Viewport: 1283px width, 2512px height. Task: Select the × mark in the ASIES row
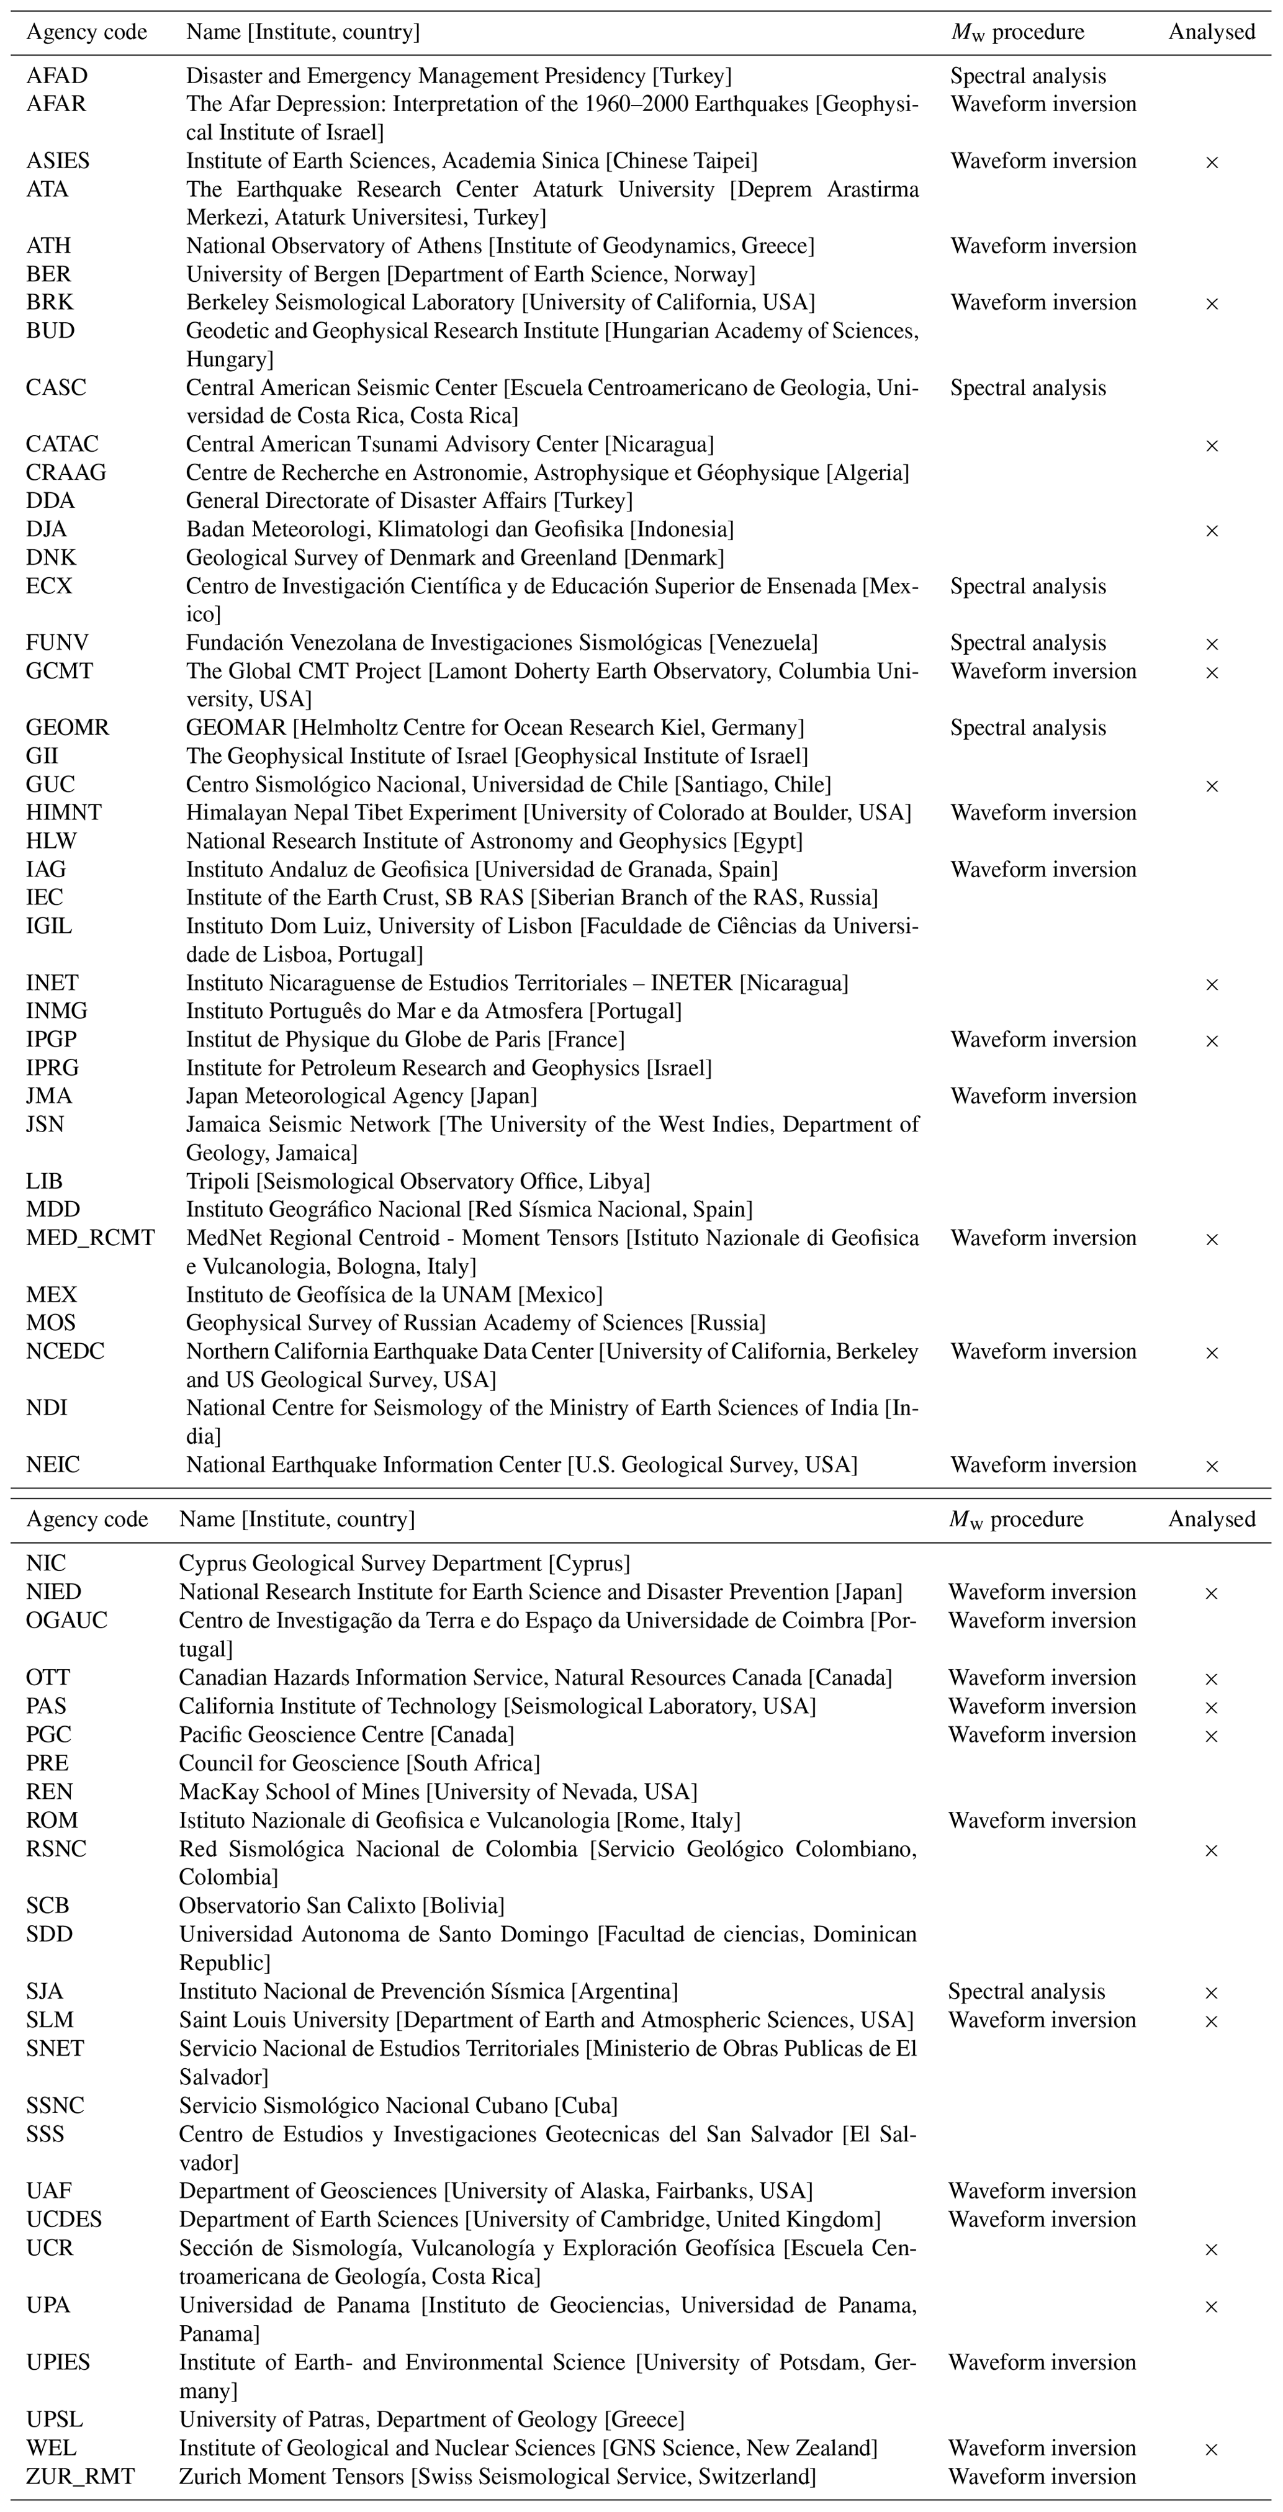pyautogui.click(x=1212, y=162)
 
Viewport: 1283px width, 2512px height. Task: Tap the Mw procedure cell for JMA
pyautogui.click(x=1043, y=1096)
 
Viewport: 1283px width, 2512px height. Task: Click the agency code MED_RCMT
pyautogui.click(x=91, y=1238)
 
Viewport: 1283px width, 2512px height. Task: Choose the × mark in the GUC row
pyautogui.click(x=1212, y=786)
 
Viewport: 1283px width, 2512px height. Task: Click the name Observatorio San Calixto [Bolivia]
pyautogui.click(x=341, y=1906)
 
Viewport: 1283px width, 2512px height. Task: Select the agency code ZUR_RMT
pyautogui.click(x=80, y=2476)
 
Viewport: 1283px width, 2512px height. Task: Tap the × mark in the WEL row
pyautogui.click(x=1212, y=2449)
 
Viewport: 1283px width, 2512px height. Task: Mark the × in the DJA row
pyautogui.click(x=1212, y=531)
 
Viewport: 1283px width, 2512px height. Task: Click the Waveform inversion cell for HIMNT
pyautogui.click(x=1043, y=813)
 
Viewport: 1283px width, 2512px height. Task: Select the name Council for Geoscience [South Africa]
pyautogui.click(x=359, y=1763)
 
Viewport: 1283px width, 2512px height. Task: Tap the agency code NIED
pyautogui.click(x=53, y=1593)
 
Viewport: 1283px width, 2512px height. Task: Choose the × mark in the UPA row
pyautogui.click(x=1212, y=2307)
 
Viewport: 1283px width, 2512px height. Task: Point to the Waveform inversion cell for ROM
pyautogui.click(x=1041, y=1820)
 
